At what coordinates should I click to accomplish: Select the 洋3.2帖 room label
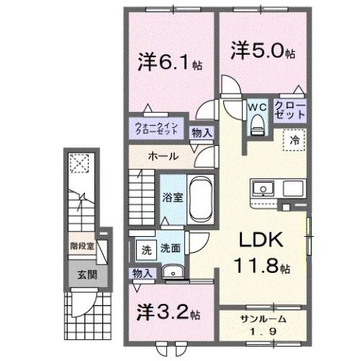168,310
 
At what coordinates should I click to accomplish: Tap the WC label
257,107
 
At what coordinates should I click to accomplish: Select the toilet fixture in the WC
257,126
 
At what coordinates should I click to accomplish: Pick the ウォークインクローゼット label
157,127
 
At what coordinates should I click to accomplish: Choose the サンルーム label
262,319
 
